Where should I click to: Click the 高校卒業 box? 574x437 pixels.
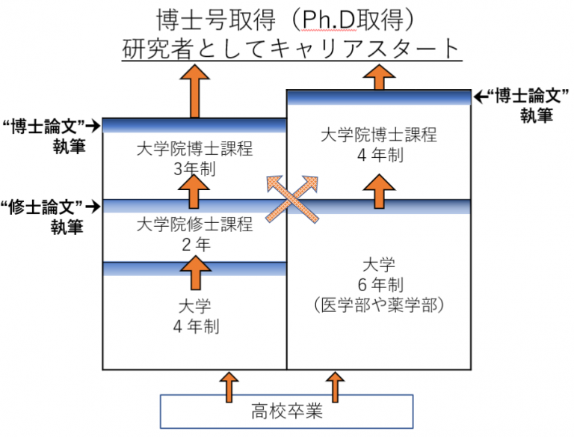pyautogui.click(x=287, y=411)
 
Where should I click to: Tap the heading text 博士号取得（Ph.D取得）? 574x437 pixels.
pyautogui.click(x=286, y=18)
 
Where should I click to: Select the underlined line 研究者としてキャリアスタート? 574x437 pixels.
pyautogui.click(x=290, y=49)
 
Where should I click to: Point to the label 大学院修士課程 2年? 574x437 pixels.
pyautogui.click(x=194, y=233)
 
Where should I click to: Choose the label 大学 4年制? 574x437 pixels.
pyautogui.click(x=194, y=316)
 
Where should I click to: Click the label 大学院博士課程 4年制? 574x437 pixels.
pyautogui.click(x=378, y=144)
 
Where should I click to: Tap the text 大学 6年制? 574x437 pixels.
pyautogui.click(x=378, y=274)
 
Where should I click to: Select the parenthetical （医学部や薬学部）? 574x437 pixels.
pyautogui.click(x=378, y=305)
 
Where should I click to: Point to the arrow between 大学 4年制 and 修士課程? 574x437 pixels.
pyautogui.click(x=194, y=272)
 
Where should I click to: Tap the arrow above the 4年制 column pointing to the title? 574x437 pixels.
pyautogui.click(x=380, y=76)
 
